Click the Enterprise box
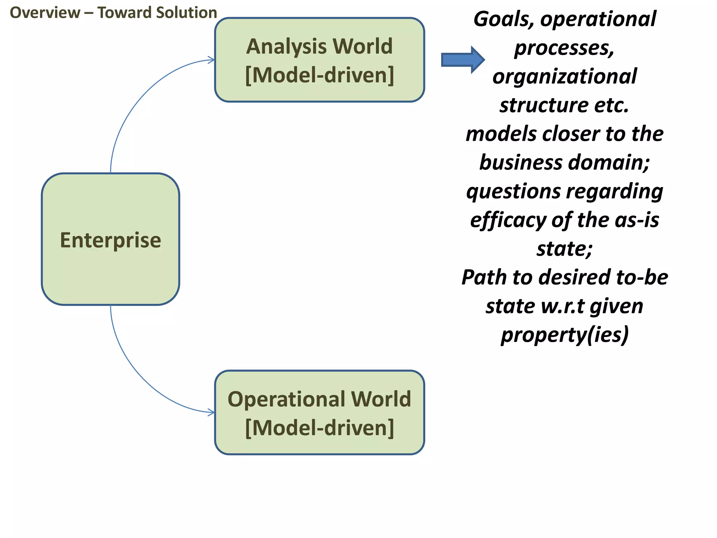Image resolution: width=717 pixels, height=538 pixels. click(110, 239)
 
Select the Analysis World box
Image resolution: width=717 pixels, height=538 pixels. click(319, 60)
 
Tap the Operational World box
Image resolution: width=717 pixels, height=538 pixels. click(319, 413)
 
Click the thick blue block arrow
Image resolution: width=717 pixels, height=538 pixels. click(462, 60)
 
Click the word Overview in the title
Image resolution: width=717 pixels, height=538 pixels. click(45, 13)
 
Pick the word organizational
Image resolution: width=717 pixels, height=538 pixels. click(564, 77)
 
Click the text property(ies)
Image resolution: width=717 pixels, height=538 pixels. click(564, 335)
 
